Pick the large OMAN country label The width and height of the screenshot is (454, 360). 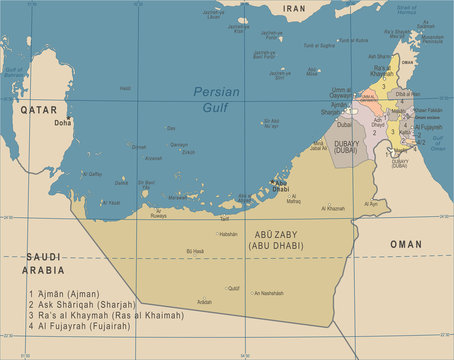point(405,243)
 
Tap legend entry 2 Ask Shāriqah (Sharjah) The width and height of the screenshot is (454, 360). point(84,305)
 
